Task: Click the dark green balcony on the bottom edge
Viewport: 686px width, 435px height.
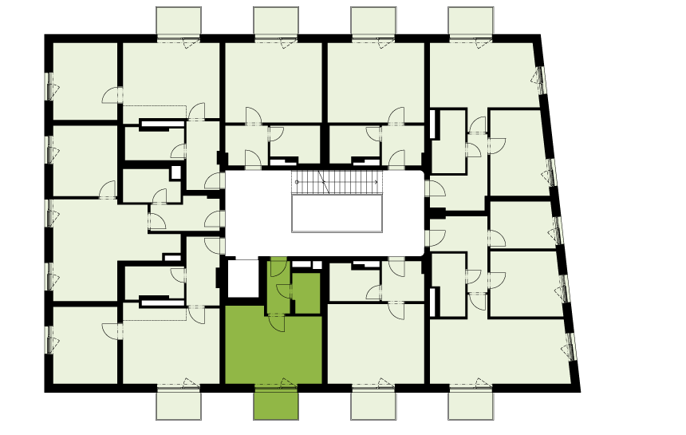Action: (276, 404)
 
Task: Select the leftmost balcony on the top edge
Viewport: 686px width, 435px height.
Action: (179, 22)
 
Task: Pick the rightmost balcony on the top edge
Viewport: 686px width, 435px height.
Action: (471, 22)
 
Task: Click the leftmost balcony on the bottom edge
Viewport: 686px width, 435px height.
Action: (179, 404)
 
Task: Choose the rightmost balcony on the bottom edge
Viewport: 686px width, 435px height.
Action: (471, 404)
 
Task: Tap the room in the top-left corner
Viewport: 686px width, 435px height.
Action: (84, 80)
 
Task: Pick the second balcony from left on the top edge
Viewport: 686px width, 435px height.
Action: (276, 22)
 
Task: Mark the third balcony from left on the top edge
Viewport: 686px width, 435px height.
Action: (373, 22)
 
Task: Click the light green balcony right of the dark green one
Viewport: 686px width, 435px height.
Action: (373, 404)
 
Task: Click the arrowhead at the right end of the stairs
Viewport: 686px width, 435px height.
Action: (376, 183)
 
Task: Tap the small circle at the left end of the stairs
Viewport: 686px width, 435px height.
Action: (297, 183)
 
